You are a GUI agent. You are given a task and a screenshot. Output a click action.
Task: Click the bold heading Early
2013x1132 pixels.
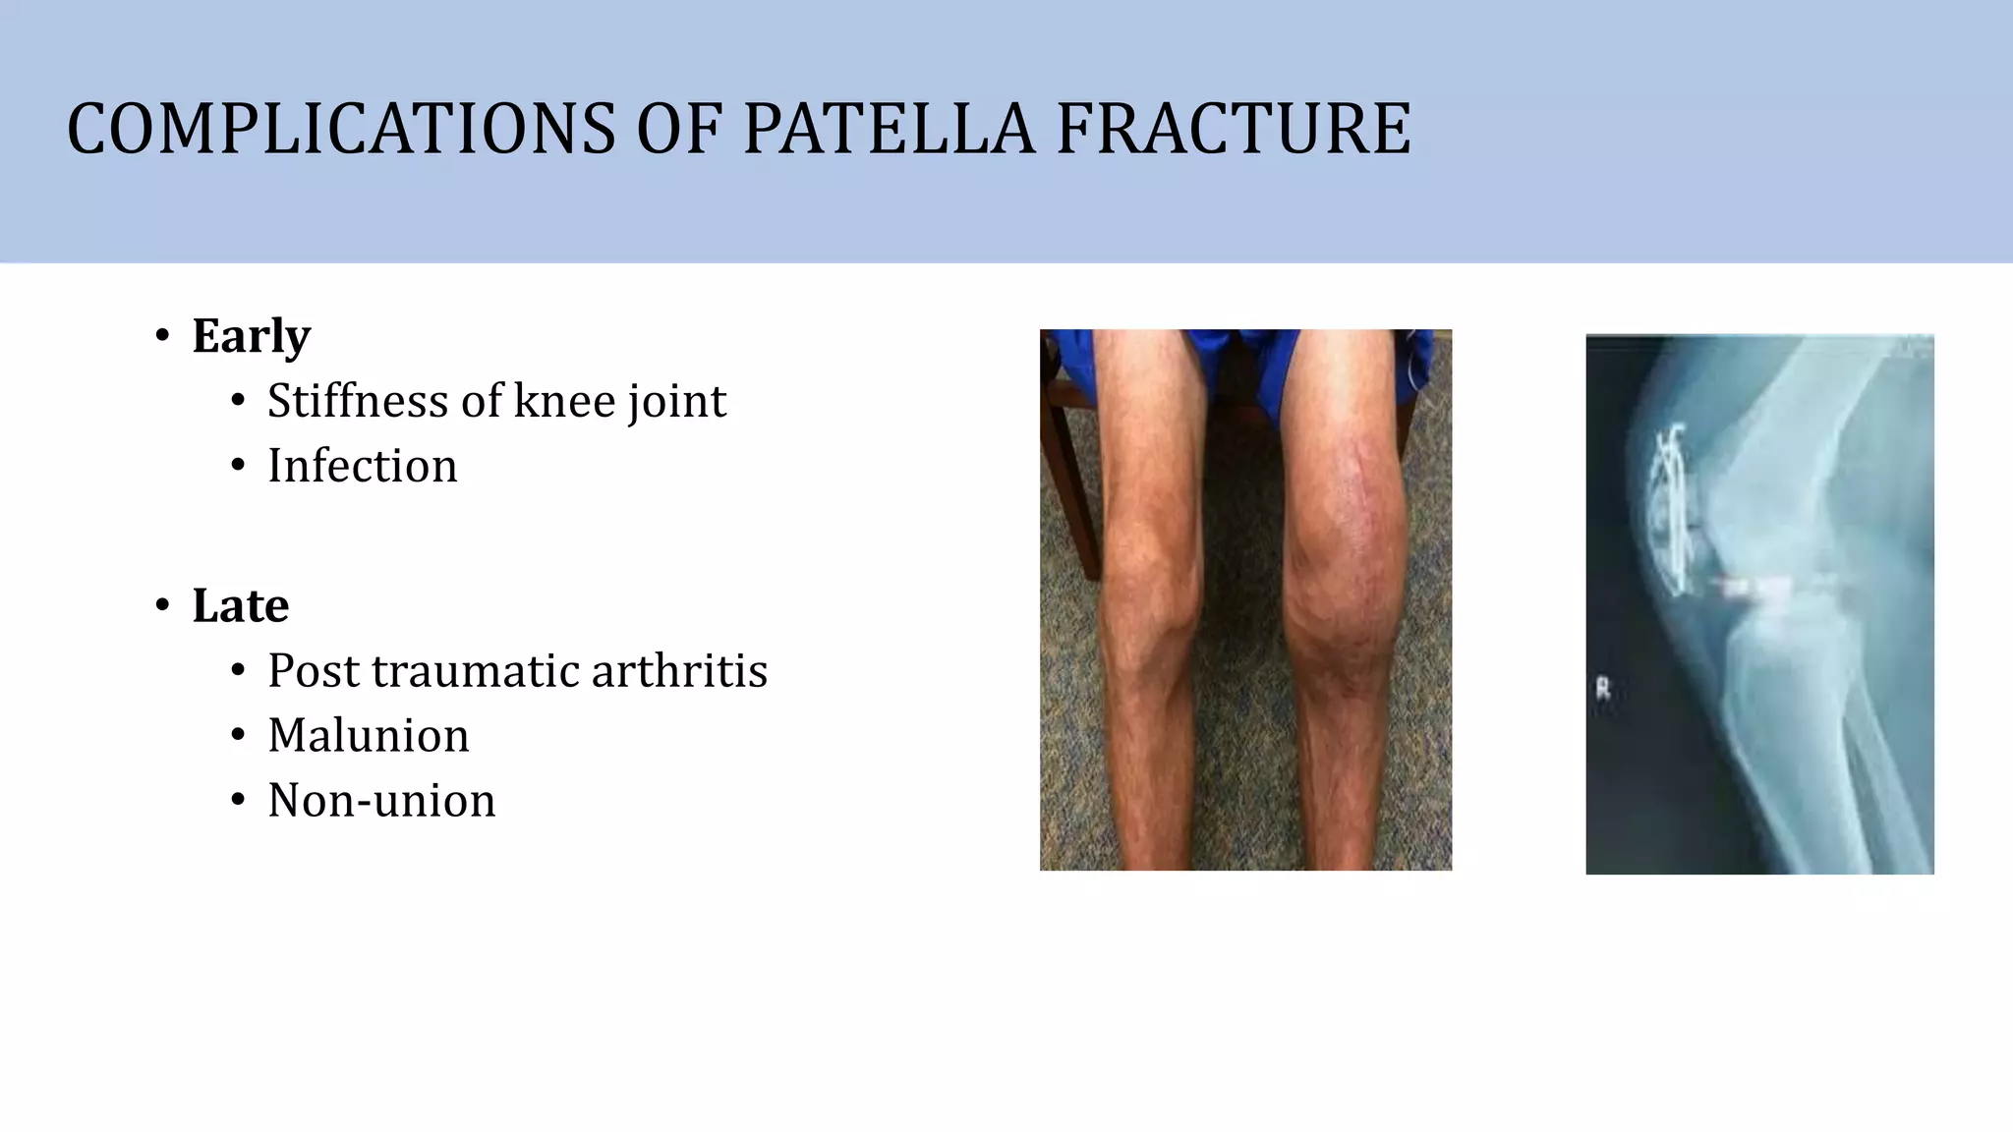252,336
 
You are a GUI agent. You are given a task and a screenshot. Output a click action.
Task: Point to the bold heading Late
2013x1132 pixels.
241,605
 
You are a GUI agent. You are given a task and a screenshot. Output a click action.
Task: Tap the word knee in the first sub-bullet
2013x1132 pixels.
564,401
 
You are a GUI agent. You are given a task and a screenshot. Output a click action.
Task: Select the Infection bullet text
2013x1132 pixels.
363,466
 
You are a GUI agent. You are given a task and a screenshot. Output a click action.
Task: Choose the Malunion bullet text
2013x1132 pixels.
369,736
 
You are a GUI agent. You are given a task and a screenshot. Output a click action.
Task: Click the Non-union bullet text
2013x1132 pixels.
381,801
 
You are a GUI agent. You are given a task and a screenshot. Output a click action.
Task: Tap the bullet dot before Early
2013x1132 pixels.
163,336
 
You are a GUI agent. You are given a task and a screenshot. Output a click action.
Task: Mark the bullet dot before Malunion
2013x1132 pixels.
238,736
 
